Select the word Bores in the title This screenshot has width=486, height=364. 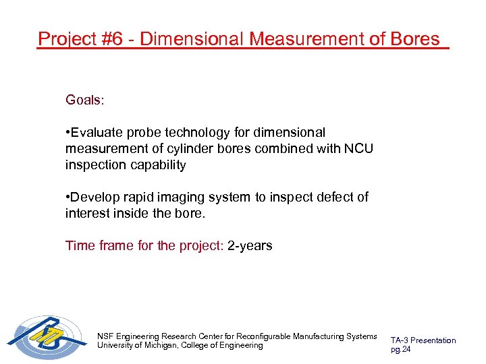click(414, 39)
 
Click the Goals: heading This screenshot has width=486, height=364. click(85, 100)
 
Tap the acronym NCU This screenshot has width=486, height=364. click(360, 148)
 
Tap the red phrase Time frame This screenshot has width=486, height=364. click(99, 245)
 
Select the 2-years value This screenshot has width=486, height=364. click(250, 245)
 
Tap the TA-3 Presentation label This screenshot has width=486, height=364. click(423, 340)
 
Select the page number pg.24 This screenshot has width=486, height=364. click(401, 349)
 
